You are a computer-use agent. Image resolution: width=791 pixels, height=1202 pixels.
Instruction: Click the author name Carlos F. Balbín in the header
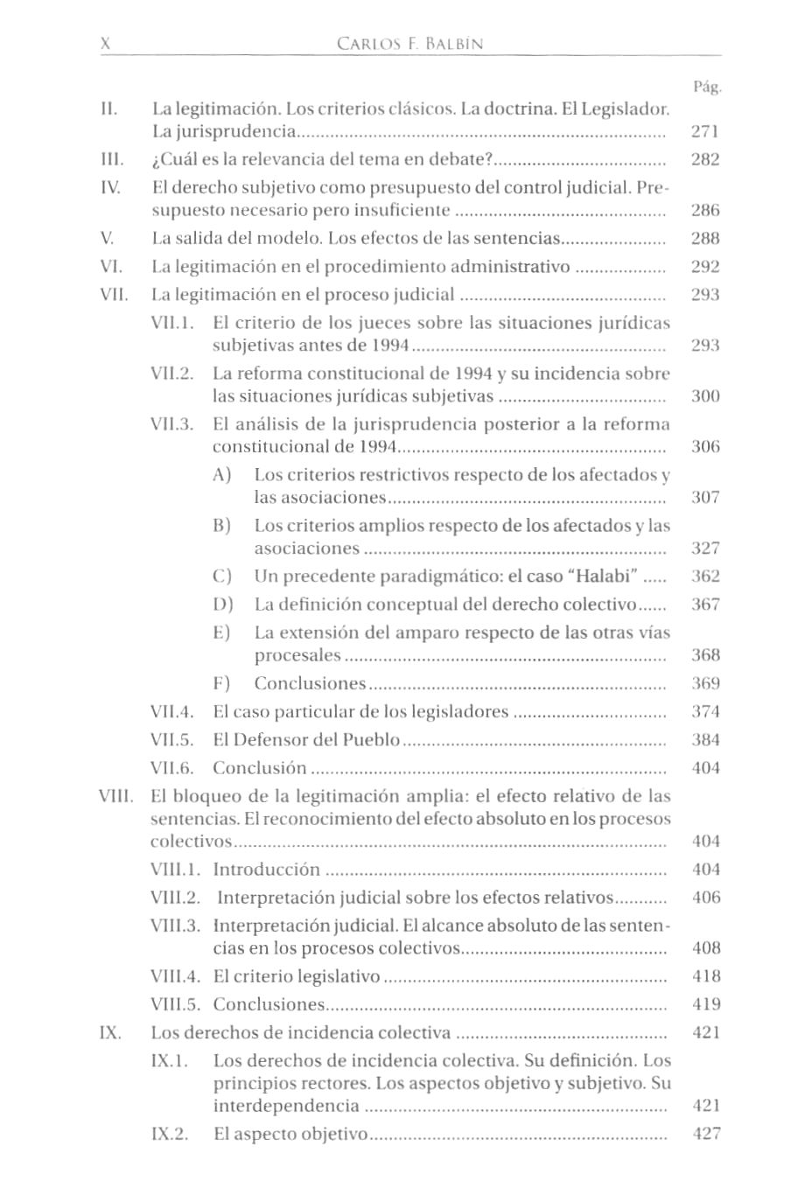[x=409, y=44]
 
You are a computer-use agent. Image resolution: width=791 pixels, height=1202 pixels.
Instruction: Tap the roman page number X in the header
[x=106, y=44]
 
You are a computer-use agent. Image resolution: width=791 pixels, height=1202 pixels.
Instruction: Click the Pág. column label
[x=706, y=87]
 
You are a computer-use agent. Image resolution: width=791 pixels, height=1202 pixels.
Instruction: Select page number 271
[x=704, y=132]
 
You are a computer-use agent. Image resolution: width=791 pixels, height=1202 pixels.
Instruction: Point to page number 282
[x=704, y=159]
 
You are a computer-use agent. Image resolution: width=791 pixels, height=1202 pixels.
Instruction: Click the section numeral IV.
[x=110, y=187]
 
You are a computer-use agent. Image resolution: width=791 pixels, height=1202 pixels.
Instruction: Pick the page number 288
[x=704, y=238]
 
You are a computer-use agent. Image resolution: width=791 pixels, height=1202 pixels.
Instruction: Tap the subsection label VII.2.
[x=171, y=374]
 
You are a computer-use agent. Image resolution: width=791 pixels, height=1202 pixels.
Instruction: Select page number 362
[x=704, y=577]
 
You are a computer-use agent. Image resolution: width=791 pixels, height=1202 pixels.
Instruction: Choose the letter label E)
[x=221, y=632]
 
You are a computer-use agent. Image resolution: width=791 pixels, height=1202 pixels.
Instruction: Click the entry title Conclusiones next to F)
[x=310, y=683]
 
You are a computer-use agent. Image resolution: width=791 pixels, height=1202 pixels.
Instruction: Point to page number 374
[x=704, y=711]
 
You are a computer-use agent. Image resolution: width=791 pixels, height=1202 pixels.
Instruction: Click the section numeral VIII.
[x=115, y=796]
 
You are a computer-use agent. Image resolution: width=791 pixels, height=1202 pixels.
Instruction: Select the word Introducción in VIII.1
[x=267, y=870]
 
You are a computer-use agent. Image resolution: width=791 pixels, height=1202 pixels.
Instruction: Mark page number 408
[x=705, y=948]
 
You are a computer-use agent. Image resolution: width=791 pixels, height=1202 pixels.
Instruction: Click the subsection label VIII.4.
[x=176, y=976]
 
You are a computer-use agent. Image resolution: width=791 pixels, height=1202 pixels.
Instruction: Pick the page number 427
[x=705, y=1134]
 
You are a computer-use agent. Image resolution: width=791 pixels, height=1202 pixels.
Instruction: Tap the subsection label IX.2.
[x=170, y=1134]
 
